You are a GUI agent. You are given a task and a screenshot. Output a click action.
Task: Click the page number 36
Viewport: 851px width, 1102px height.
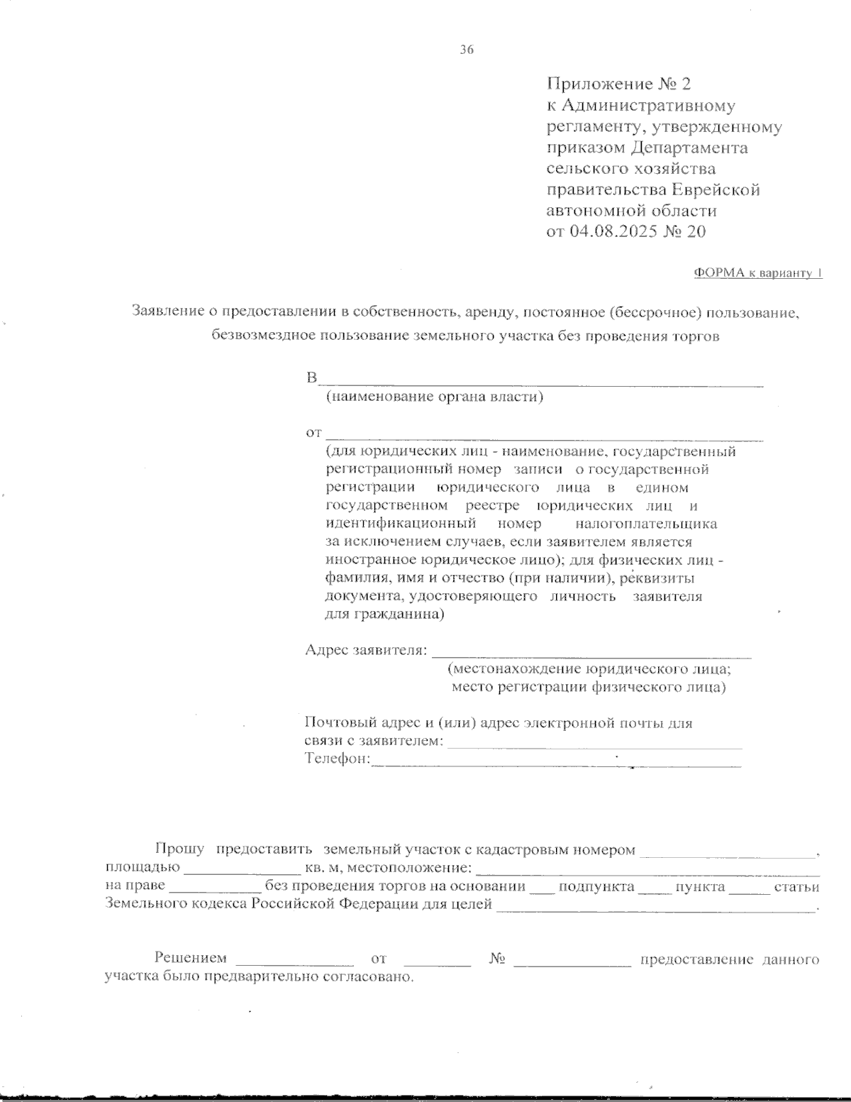(466, 50)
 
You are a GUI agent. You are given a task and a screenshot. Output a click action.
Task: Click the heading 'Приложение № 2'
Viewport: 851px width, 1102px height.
(618, 84)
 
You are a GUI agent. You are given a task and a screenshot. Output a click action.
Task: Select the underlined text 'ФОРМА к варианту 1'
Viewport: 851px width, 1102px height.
(757, 273)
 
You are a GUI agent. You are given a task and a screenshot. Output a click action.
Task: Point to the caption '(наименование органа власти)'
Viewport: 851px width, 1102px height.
(434, 397)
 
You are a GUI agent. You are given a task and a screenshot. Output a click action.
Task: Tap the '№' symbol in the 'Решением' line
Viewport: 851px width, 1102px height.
(496, 959)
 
